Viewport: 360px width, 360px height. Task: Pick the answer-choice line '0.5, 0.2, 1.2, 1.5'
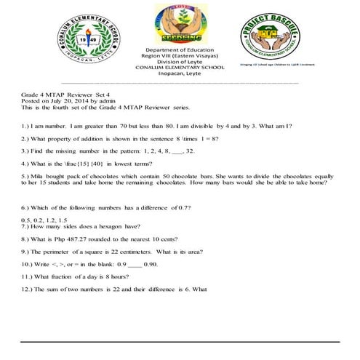[x=44, y=219]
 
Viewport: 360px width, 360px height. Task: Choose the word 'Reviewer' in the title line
[x=92, y=93]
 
